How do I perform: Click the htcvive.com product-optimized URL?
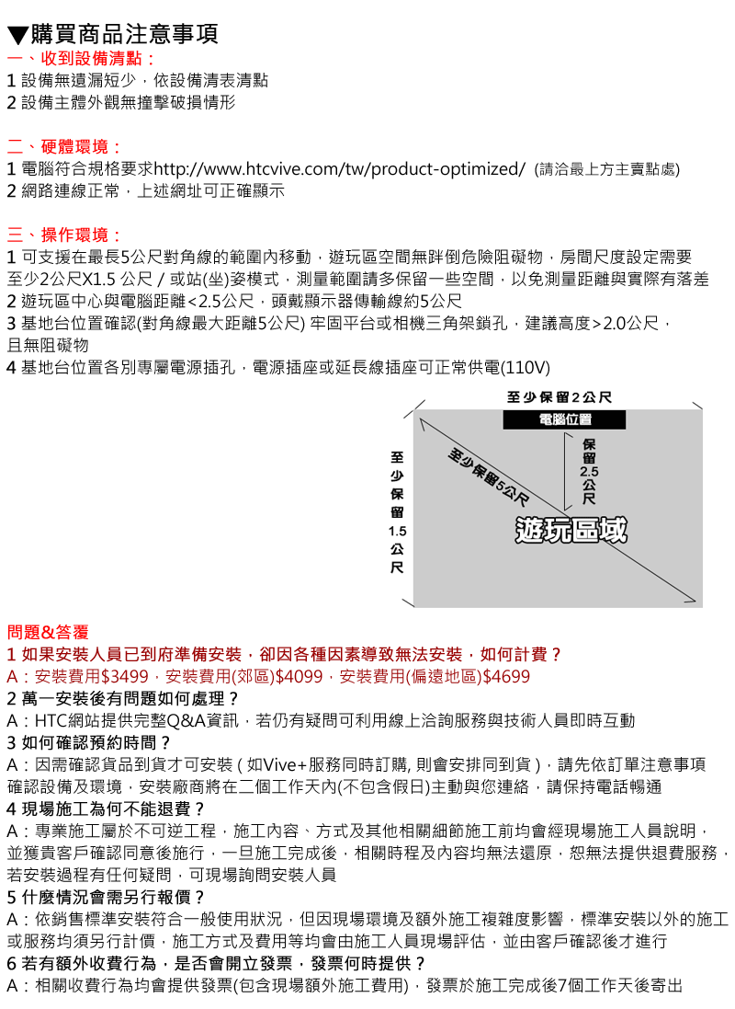pyautogui.click(x=340, y=169)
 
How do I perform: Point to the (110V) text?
pyautogui.click(x=526, y=368)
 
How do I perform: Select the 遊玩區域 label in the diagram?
pyautogui.click(x=571, y=530)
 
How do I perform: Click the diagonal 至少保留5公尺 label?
pyautogui.click(x=489, y=476)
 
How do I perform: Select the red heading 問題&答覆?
pyautogui.click(x=48, y=633)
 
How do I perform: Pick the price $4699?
pyautogui.click(x=507, y=677)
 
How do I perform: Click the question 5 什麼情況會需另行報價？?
pyautogui.click(x=106, y=897)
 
